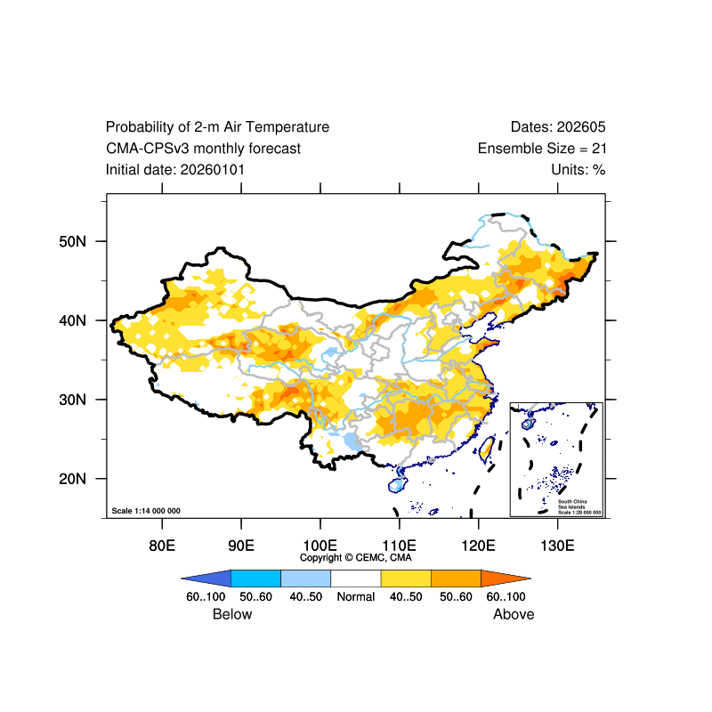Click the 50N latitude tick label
[71, 241]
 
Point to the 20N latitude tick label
[71, 479]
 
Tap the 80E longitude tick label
[161, 545]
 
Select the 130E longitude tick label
[557, 545]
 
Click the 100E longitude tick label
[320, 545]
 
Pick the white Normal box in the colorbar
[355, 578]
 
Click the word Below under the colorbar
[232, 614]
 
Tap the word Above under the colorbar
[514, 614]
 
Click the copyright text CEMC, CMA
[355, 557]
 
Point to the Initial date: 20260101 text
[175, 169]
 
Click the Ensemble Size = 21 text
[542, 149]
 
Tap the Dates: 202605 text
[558, 127]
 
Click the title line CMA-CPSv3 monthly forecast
[203, 149]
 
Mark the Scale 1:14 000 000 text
[146, 511]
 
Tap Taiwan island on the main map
[487, 448]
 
